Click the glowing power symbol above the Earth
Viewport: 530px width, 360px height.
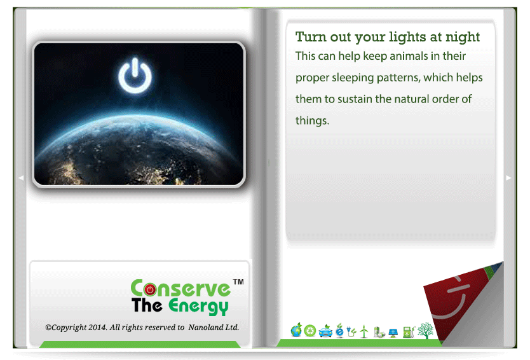click(135, 76)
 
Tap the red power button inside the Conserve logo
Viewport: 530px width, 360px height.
click(150, 289)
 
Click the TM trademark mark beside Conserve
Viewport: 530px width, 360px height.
click(238, 282)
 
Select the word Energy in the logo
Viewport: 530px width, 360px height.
click(198, 306)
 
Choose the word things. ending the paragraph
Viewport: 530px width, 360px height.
click(312, 120)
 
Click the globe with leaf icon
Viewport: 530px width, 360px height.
click(296, 330)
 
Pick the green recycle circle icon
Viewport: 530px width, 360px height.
click(309, 331)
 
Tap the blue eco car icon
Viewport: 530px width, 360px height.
click(325, 331)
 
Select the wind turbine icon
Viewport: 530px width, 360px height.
click(364, 331)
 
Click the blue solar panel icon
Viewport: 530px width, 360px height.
click(393, 333)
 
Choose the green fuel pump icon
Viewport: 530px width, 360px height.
click(409, 332)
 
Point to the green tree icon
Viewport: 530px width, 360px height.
click(425, 331)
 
